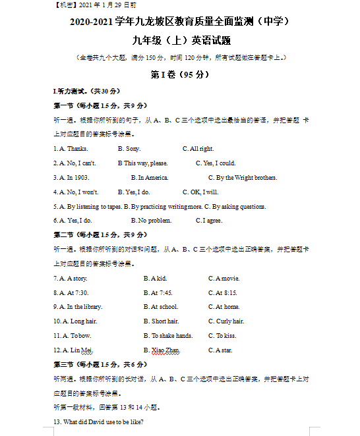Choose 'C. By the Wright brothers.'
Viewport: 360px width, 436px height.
pos(243,178)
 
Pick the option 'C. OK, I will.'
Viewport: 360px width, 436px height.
pos(200,192)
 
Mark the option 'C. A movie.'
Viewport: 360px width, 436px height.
pos(224,279)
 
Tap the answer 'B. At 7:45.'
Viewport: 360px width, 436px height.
pos(158,293)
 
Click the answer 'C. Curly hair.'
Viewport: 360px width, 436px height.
pos(226,321)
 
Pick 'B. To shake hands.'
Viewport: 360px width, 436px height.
pos(168,336)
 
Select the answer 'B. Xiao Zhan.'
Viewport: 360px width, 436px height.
pos(162,350)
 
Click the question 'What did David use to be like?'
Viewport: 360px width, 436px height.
pos(98,422)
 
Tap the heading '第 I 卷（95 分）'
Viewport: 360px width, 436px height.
pos(180,74)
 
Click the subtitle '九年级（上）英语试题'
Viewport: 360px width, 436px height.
pos(180,41)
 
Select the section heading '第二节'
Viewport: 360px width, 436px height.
pos(63,235)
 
